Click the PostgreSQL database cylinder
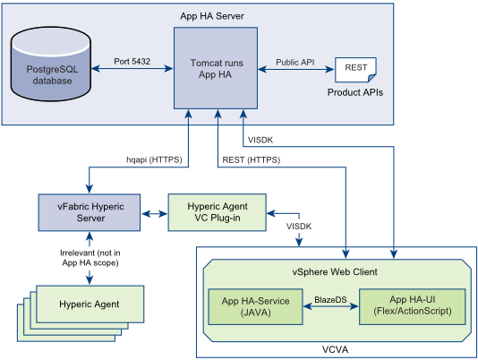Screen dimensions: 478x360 click(x=51, y=64)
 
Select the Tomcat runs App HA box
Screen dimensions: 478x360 click(x=216, y=68)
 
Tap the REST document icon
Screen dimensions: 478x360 click(x=355, y=70)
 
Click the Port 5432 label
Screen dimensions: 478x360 click(x=132, y=61)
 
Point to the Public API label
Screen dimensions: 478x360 click(x=295, y=62)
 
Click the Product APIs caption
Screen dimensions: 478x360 click(x=355, y=92)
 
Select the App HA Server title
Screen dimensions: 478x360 click(x=212, y=16)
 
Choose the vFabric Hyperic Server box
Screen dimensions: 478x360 click(x=90, y=212)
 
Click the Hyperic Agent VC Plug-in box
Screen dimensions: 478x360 click(x=217, y=212)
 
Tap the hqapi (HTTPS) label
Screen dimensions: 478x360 click(x=154, y=159)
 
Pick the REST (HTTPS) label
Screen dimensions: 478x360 click(x=252, y=160)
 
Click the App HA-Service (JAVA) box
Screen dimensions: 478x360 click(x=255, y=306)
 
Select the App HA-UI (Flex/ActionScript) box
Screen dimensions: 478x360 click(x=413, y=306)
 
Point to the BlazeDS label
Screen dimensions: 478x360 click(x=331, y=300)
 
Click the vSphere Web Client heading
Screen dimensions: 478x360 click(x=335, y=272)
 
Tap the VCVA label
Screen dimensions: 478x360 click(x=335, y=349)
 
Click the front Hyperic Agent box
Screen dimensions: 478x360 click(x=90, y=304)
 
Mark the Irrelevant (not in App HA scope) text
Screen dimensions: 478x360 click(x=90, y=258)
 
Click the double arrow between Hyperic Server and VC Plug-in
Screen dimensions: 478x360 click(x=154, y=214)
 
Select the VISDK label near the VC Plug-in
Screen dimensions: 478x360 click(x=299, y=227)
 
